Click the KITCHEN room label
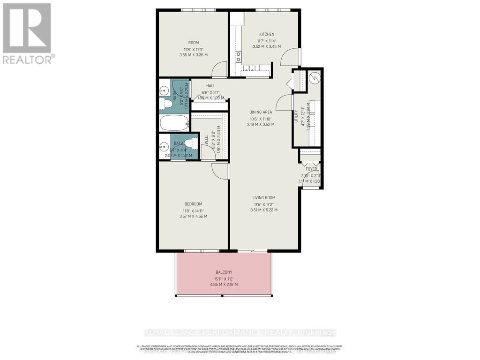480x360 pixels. (x=267, y=34)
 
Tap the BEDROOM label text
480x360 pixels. (x=193, y=204)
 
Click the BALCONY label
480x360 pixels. (x=224, y=272)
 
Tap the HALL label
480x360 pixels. (x=210, y=86)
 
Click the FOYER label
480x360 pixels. (x=311, y=169)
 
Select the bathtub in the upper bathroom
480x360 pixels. (x=174, y=123)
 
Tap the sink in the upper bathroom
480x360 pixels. (x=164, y=89)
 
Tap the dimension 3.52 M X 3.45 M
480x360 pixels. (x=267, y=46)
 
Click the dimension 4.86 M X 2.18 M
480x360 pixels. (x=224, y=285)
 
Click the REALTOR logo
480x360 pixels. (x=27, y=33)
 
